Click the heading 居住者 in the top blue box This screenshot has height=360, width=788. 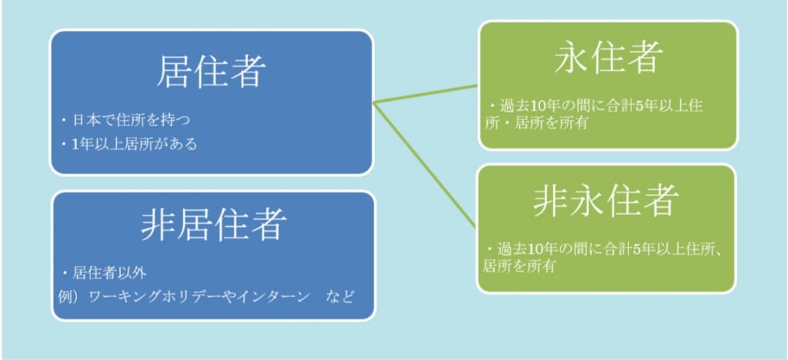click(x=211, y=72)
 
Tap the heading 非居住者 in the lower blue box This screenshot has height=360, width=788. click(x=214, y=225)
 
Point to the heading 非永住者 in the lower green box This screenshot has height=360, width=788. click(x=606, y=200)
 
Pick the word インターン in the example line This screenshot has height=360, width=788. click(x=270, y=297)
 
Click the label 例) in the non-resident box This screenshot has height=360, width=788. click(x=71, y=297)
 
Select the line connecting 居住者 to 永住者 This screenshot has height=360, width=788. click(x=426, y=94)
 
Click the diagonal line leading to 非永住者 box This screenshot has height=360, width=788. click(x=425, y=164)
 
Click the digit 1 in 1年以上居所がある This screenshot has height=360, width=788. click(x=76, y=145)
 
